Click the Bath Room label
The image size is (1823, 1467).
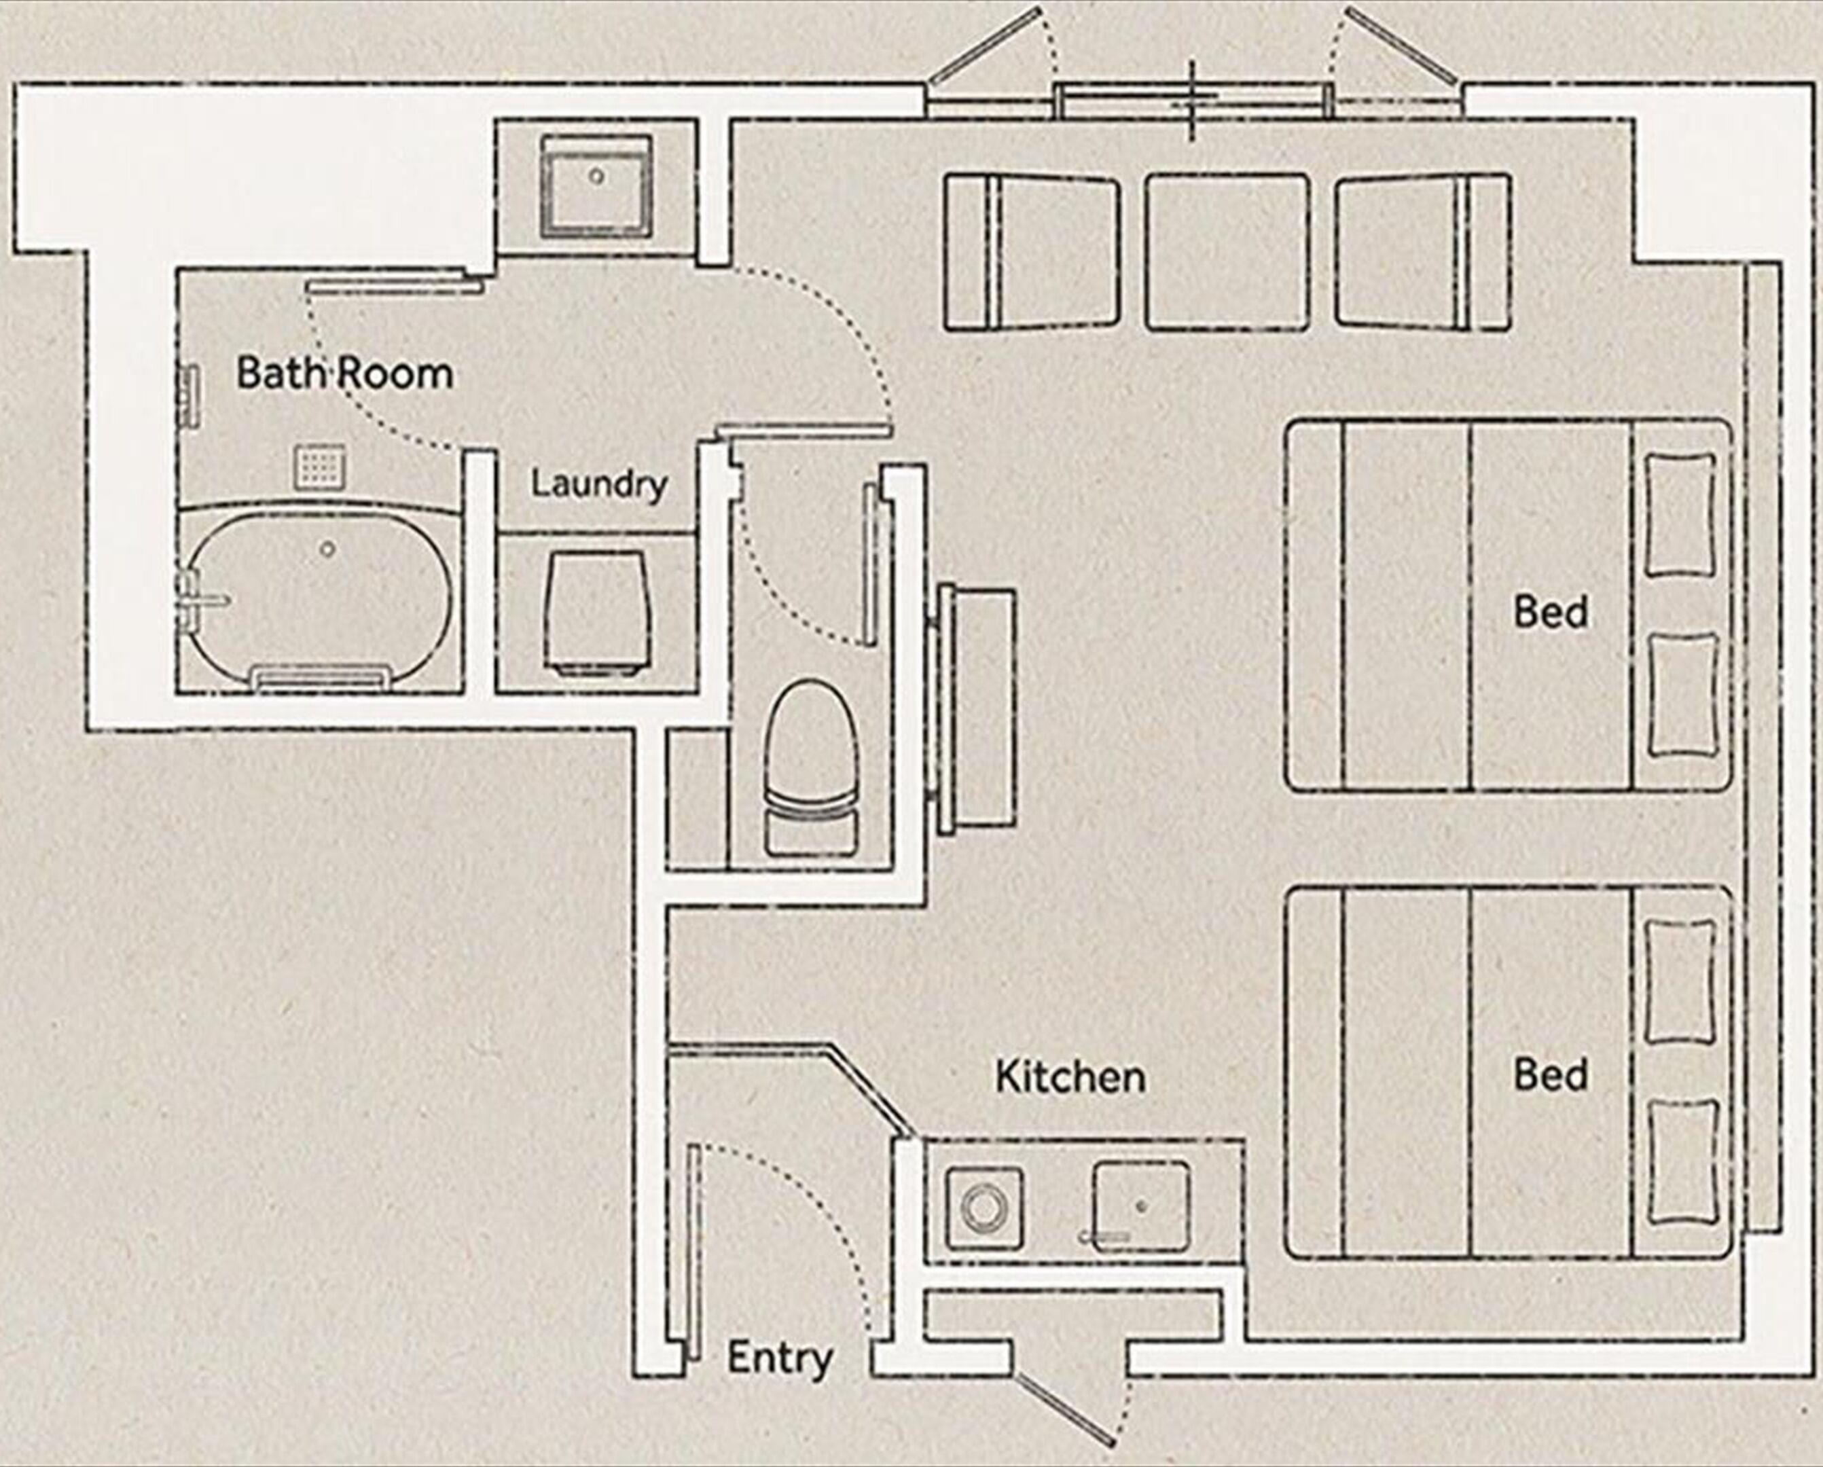(x=344, y=373)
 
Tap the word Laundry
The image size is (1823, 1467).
(x=598, y=484)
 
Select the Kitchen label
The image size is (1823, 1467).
(x=1070, y=1076)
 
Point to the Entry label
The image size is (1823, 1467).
(x=780, y=1360)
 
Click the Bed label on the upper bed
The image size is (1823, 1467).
(x=1551, y=611)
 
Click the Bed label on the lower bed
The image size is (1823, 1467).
(x=1551, y=1074)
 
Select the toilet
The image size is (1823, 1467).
(x=811, y=765)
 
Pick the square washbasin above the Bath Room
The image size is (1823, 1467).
(x=597, y=186)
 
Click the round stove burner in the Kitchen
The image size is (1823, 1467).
(x=983, y=1207)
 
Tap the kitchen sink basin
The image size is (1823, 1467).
(x=1140, y=1208)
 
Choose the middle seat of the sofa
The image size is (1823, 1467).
(x=1227, y=251)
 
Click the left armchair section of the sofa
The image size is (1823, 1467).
(x=1032, y=251)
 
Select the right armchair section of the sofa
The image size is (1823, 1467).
(x=1423, y=251)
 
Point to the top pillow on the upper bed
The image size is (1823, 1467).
(x=1681, y=514)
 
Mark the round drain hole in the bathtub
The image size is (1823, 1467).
(x=327, y=549)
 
